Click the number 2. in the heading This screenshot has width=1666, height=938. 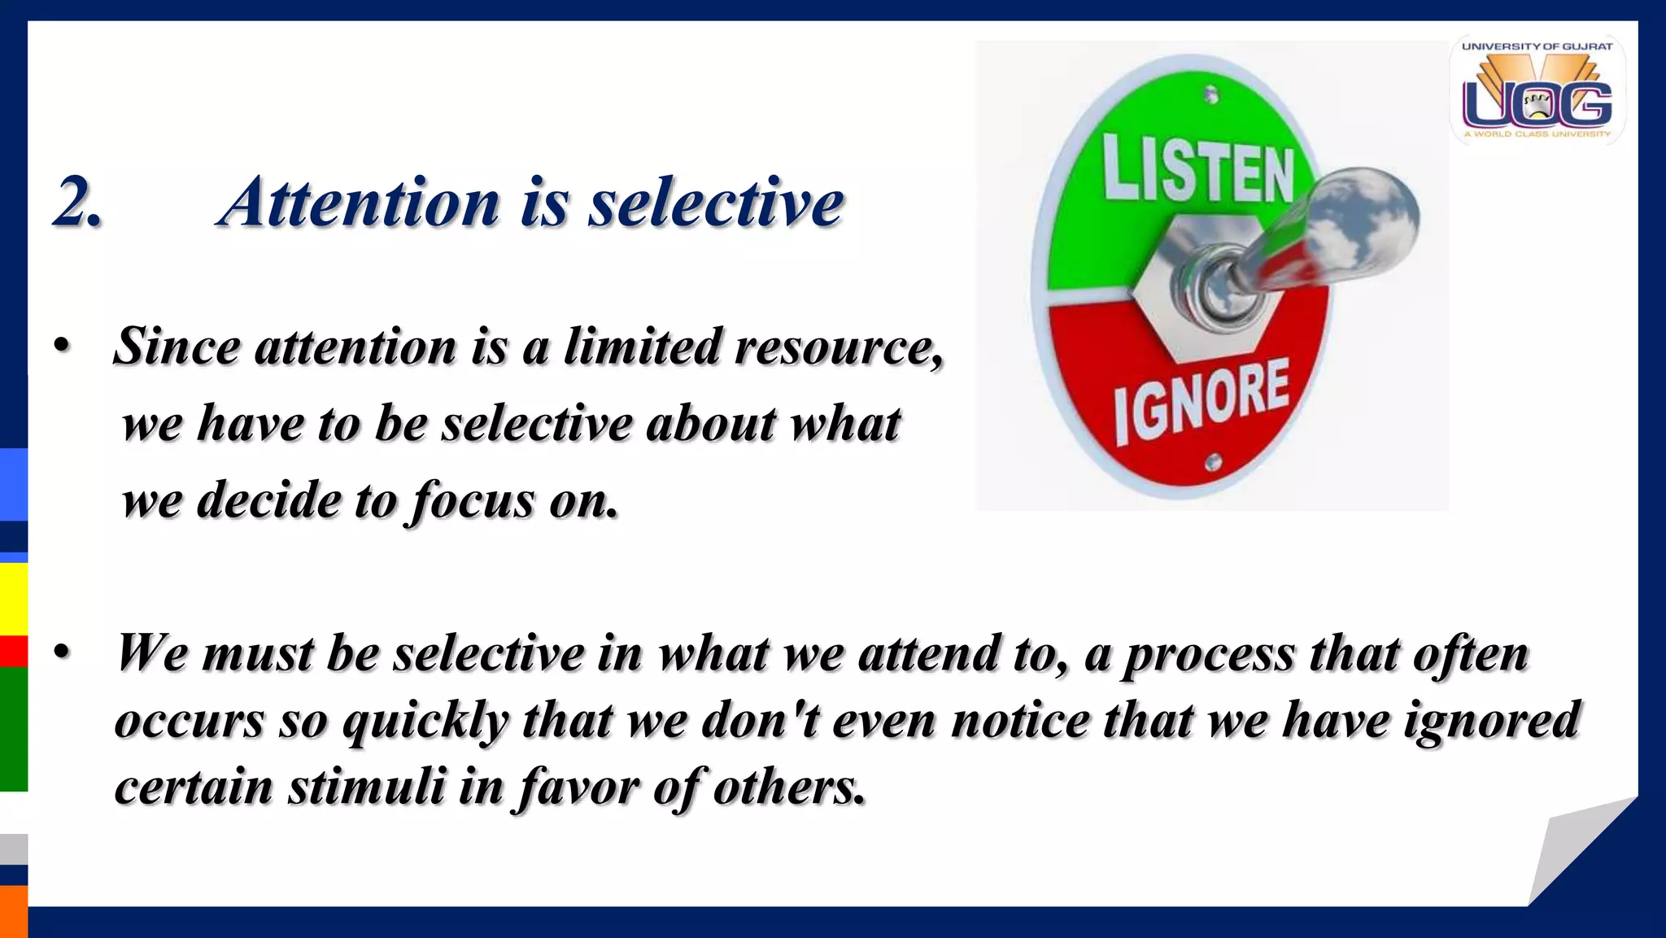point(77,202)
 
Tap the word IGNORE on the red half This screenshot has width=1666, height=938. point(1202,402)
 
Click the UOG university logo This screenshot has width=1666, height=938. point(1537,91)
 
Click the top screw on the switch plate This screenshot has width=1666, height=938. point(1211,96)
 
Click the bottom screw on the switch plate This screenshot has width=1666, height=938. point(1213,463)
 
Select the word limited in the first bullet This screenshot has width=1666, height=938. point(643,347)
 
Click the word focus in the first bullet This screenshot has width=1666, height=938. point(472,500)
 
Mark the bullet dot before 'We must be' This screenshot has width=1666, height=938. point(62,653)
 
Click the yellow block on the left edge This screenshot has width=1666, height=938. point(14,598)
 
